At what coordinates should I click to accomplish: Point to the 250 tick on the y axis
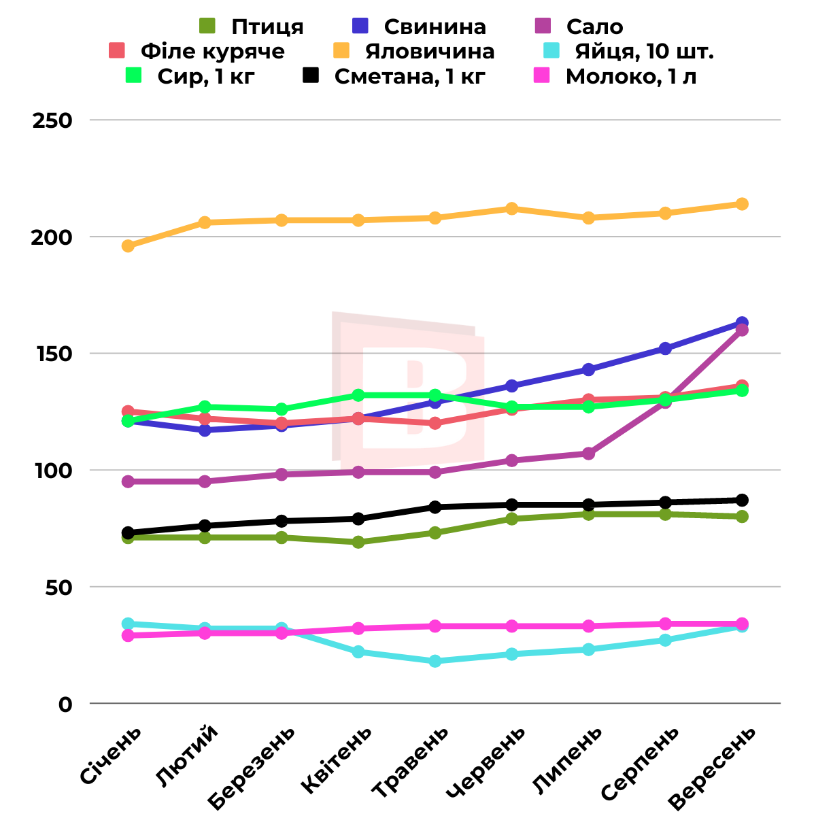pyautogui.click(x=52, y=120)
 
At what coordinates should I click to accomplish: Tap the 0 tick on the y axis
pyautogui.click(x=65, y=704)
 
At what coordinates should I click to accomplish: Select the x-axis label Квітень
pyautogui.click(x=337, y=760)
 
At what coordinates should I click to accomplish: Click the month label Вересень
pyautogui.click(x=713, y=768)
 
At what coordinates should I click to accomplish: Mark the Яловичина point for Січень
pyautogui.click(x=128, y=246)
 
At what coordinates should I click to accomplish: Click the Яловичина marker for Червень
pyautogui.click(x=512, y=209)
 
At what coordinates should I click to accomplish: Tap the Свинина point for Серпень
pyautogui.click(x=665, y=348)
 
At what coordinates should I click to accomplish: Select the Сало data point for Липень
pyautogui.click(x=588, y=454)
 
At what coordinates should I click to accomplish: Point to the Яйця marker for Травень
pyautogui.click(x=435, y=661)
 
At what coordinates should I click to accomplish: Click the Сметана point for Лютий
pyautogui.click(x=205, y=526)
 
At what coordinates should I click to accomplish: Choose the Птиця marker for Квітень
pyautogui.click(x=358, y=542)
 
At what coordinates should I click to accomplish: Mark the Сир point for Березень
pyautogui.click(x=282, y=409)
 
